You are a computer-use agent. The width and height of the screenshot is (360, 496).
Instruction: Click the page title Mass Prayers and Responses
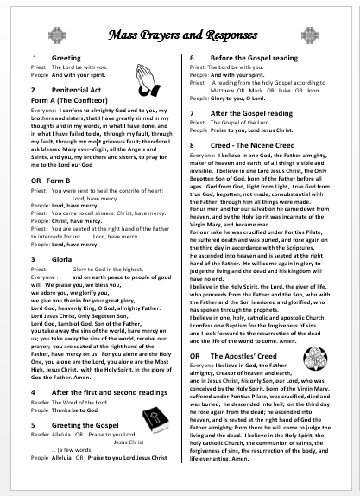click(180, 35)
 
